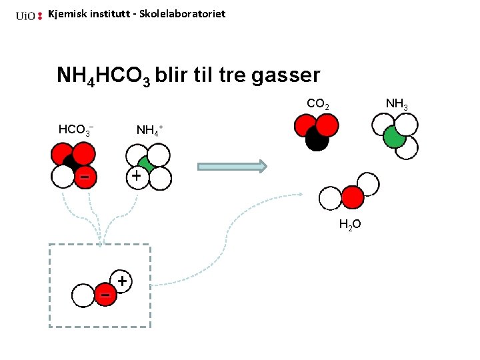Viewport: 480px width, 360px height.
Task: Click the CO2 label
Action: click(x=317, y=105)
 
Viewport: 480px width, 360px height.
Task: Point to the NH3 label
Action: click(x=397, y=105)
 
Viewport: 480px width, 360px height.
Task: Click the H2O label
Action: click(x=350, y=225)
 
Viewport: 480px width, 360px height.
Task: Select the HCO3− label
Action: click(x=75, y=129)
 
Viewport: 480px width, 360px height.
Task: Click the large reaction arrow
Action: click(x=232, y=166)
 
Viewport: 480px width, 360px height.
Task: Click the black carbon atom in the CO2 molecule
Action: click(x=317, y=139)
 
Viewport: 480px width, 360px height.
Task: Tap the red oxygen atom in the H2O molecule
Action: click(x=353, y=197)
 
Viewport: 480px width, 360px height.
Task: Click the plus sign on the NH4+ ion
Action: click(x=136, y=176)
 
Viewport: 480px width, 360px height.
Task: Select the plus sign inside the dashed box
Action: click(x=122, y=281)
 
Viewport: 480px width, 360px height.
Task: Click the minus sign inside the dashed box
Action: click(x=105, y=295)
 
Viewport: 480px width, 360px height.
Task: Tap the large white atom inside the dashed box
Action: click(x=83, y=296)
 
